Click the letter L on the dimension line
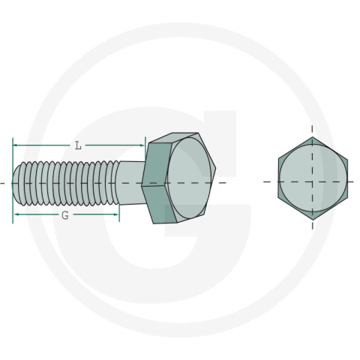coord(78,145)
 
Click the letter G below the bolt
coord(65,214)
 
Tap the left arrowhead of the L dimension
coord(16,145)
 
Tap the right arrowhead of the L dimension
coord(142,145)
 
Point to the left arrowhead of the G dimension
coord(16,214)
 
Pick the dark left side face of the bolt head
coord(154,182)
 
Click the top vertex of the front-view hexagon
coord(313,138)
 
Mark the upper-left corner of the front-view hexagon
coord(278,159)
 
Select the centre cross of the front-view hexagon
coord(313,181)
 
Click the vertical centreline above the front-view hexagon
coord(313,128)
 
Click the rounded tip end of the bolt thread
coord(16,182)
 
